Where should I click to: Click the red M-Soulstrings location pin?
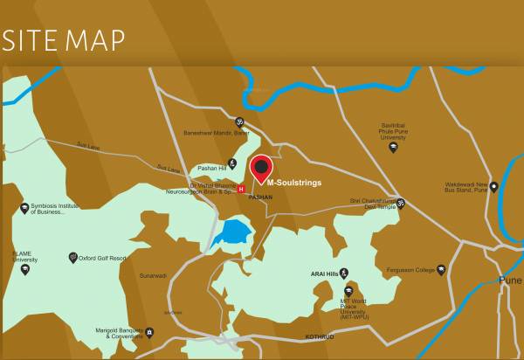(x=261, y=168)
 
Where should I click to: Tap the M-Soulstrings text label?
(x=294, y=183)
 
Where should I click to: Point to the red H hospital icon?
(x=241, y=188)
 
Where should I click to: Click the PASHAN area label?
(x=260, y=197)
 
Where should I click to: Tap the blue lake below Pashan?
(x=233, y=232)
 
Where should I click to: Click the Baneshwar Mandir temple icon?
(x=240, y=122)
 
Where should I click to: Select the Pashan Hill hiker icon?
(x=231, y=163)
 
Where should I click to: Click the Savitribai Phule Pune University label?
(x=393, y=131)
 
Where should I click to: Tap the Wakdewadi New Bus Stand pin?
(x=493, y=186)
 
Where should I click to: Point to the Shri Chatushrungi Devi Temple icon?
(x=401, y=204)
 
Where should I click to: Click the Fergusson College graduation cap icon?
(x=441, y=269)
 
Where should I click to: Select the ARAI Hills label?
(x=324, y=273)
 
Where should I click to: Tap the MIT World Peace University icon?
(x=348, y=290)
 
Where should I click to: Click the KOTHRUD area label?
(x=319, y=336)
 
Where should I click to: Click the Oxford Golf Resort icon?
(x=73, y=258)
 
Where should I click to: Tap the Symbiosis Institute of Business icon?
(x=24, y=208)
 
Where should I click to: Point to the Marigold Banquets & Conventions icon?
(x=149, y=332)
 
